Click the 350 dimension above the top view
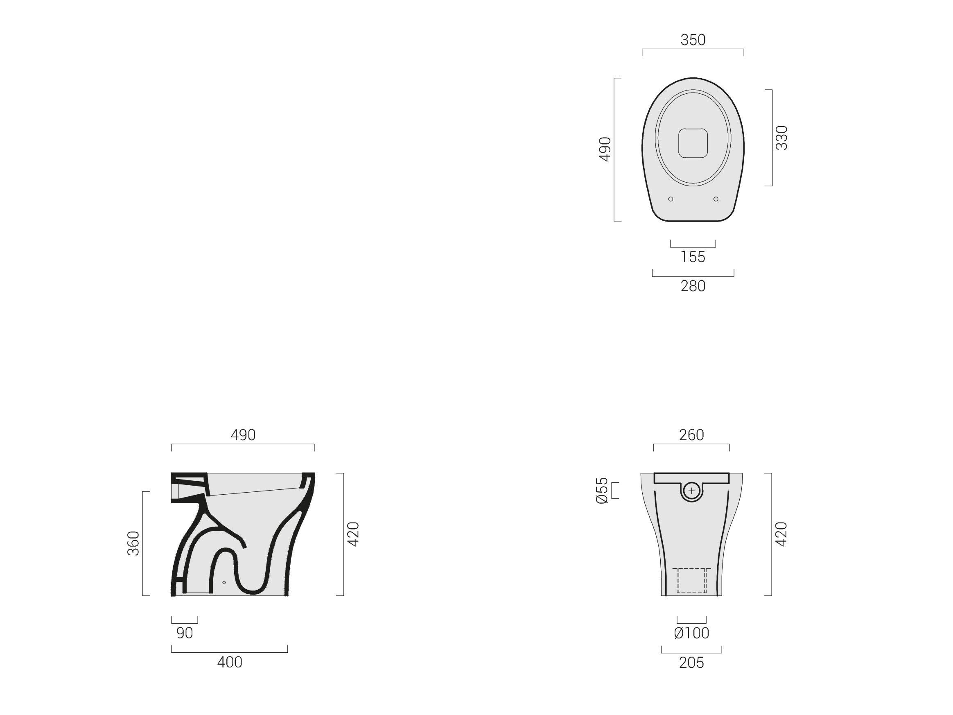click(x=693, y=40)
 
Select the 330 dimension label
click(x=781, y=138)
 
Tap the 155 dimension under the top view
click(x=693, y=257)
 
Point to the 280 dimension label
click(x=693, y=286)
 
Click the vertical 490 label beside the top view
click(x=605, y=149)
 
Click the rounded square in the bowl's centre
click(x=693, y=143)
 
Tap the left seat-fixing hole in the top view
click(x=671, y=199)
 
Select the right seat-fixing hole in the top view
click(x=716, y=199)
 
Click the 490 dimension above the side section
click(x=243, y=435)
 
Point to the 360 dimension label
click(x=134, y=543)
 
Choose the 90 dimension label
click(x=185, y=633)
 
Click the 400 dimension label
click(x=230, y=663)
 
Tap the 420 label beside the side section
click(x=353, y=534)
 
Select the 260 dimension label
click(x=691, y=435)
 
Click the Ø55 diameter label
click(x=602, y=491)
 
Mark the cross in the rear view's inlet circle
click(x=691, y=491)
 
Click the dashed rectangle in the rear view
click(x=691, y=580)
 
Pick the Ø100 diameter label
click(x=691, y=633)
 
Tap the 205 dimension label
click(x=691, y=663)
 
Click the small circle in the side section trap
click(x=224, y=583)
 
